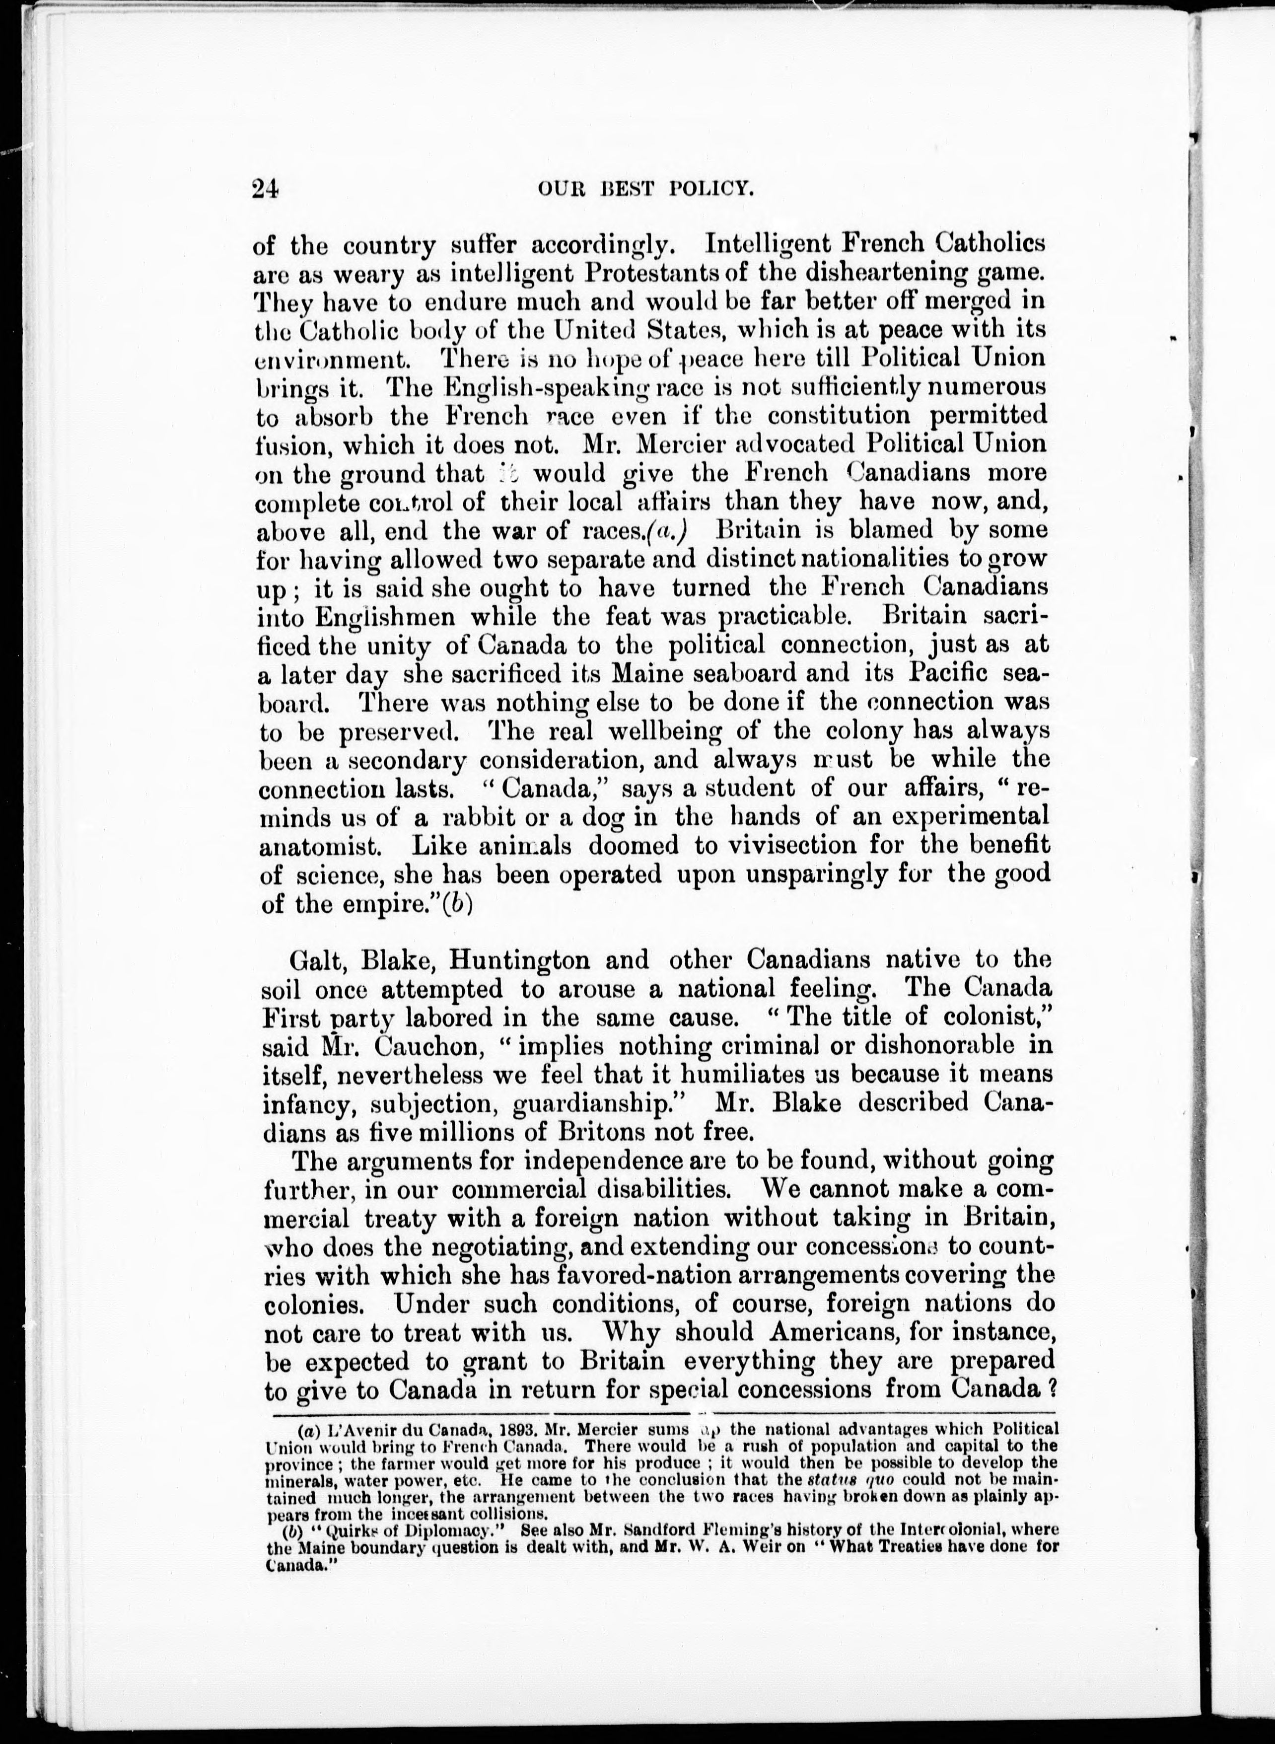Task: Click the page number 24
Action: pyautogui.click(x=265, y=190)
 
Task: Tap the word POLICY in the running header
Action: pyautogui.click(x=708, y=190)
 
